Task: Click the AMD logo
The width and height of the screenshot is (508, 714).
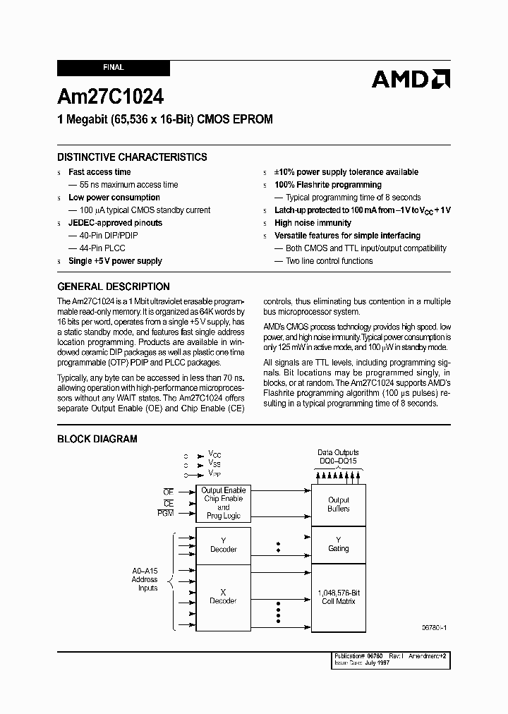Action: (x=411, y=78)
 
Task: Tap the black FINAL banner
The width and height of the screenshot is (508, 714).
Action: (x=113, y=68)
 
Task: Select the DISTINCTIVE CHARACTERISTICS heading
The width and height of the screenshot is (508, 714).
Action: (x=132, y=157)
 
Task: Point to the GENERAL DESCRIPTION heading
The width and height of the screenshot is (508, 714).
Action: (x=113, y=286)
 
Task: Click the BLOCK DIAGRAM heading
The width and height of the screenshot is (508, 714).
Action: (x=97, y=439)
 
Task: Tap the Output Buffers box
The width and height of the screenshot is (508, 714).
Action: (x=339, y=504)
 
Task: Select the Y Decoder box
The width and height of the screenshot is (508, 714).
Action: (x=224, y=545)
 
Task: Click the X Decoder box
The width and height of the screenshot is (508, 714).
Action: (x=224, y=597)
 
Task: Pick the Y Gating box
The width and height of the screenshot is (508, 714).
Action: (x=339, y=545)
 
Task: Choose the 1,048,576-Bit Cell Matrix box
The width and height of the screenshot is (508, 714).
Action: (x=339, y=597)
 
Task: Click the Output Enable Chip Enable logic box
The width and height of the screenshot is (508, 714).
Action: (x=224, y=503)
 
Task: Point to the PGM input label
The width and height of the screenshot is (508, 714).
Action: (x=166, y=514)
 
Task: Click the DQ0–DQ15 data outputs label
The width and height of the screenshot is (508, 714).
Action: (x=338, y=461)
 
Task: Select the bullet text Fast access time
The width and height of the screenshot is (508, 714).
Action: (x=99, y=172)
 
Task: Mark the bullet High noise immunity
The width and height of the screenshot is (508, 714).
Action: (x=313, y=223)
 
